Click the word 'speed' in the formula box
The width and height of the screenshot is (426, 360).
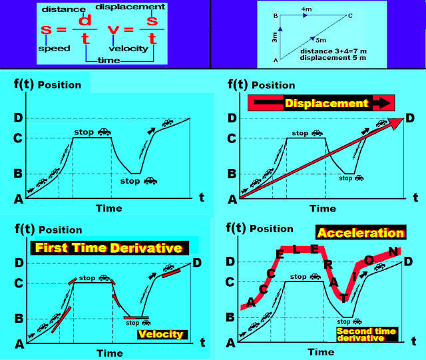[55, 49]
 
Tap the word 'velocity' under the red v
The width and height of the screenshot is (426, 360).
[128, 49]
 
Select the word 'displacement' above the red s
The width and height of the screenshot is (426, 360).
[130, 7]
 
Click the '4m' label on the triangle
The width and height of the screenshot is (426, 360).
[306, 9]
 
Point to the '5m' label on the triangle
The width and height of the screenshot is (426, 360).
[321, 40]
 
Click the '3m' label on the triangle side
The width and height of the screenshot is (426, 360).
[274, 37]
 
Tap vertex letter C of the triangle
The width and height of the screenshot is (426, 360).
[350, 16]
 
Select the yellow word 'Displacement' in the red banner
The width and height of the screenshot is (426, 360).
[327, 103]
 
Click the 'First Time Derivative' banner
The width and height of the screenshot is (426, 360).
[109, 248]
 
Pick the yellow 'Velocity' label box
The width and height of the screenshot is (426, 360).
[162, 334]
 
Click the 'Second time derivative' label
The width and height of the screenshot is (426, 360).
[367, 335]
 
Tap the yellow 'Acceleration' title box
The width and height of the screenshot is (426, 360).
[361, 233]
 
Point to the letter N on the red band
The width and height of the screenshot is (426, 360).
[393, 252]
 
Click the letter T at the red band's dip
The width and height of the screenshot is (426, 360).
[343, 298]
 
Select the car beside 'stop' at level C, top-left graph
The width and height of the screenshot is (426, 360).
[105, 132]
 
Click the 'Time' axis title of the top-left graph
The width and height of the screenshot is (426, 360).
[109, 208]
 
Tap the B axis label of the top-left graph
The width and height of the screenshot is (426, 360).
[18, 173]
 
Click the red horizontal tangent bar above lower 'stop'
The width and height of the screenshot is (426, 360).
[136, 317]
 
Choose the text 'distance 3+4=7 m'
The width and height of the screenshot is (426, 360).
[333, 51]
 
